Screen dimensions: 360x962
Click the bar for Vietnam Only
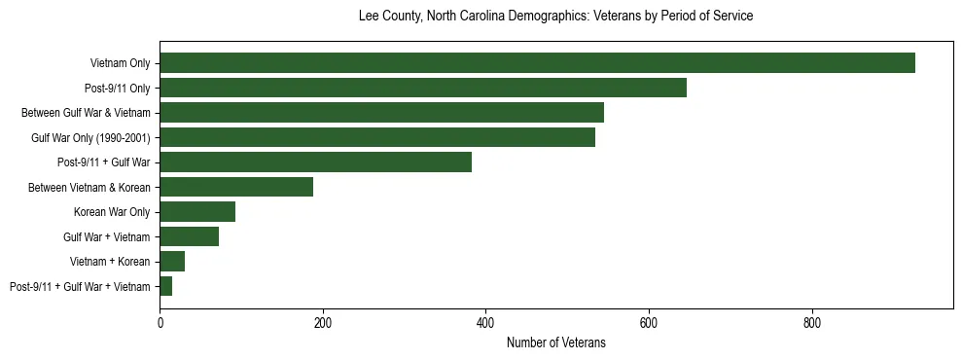(537, 63)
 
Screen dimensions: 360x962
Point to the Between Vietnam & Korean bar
(236, 187)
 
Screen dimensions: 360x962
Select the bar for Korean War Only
(197, 212)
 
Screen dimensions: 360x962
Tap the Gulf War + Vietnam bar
(189, 236)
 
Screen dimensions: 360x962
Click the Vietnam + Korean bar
(172, 262)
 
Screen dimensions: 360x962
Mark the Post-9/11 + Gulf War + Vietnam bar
(165, 286)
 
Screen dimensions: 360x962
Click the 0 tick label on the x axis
(160, 323)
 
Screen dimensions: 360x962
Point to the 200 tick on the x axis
(323, 323)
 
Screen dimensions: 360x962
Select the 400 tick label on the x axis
(485, 323)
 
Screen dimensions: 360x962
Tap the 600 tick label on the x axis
(649, 323)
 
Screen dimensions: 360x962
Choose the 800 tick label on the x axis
(812, 323)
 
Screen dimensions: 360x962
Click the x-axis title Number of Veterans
(555, 342)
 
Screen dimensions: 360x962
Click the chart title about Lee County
(555, 17)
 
